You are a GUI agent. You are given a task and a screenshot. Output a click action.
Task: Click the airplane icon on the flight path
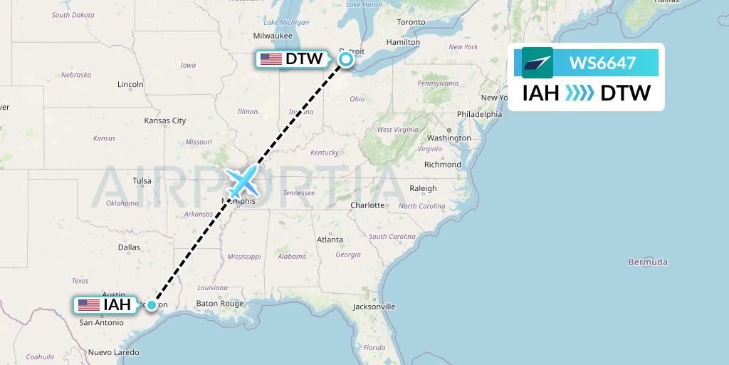click(242, 182)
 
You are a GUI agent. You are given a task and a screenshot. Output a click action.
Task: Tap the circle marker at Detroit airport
click(346, 60)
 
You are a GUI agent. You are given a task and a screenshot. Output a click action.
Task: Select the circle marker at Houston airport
click(152, 305)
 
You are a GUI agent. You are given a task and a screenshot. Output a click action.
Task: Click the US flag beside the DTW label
click(271, 59)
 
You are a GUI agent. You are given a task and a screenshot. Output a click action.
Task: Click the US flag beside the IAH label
click(89, 305)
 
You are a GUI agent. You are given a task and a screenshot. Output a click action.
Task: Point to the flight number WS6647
click(602, 63)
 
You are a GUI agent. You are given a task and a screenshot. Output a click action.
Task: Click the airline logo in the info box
click(537, 63)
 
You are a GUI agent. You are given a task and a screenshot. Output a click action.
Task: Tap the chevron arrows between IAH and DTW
click(579, 93)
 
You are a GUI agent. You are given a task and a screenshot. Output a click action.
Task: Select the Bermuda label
click(647, 262)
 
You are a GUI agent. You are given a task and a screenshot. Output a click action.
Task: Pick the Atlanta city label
click(330, 240)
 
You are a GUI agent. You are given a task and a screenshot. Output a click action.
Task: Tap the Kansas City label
click(164, 120)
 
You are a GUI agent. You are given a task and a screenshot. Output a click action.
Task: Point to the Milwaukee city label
click(273, 36)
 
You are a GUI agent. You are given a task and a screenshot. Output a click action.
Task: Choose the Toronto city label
click(411, 22)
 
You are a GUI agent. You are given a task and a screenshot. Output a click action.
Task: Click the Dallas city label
click(130, 247)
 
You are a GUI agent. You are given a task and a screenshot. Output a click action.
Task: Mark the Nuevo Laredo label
click(113, 352)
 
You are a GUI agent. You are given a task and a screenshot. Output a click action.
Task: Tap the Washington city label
click(449, 138)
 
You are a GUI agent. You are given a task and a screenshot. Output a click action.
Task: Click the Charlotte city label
click(367, 205)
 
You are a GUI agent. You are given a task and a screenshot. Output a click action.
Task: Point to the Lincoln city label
click(130, 84)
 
